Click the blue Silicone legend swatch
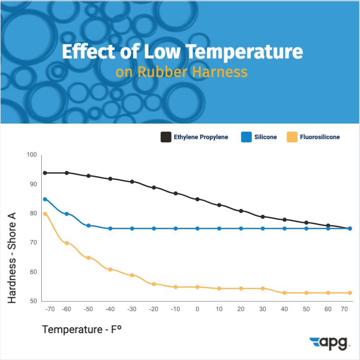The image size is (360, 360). (x=245, y=137)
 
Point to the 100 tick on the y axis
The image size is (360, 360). (x=31, y=155)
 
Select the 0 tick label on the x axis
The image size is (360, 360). (x=197, y=309)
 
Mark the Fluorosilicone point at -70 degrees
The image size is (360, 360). (x=45, y=214)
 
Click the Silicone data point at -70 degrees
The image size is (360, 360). (x=45, y=199)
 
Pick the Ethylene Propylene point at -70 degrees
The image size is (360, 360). (x=45, y=173)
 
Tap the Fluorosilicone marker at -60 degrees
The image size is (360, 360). (x=67, y=243)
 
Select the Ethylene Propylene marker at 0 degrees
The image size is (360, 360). (x=197, y=199)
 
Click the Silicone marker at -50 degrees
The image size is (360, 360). (x=88, y=226)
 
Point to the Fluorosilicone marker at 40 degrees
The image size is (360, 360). (x=285, y=293)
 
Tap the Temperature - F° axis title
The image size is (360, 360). (x=82, y=330)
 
